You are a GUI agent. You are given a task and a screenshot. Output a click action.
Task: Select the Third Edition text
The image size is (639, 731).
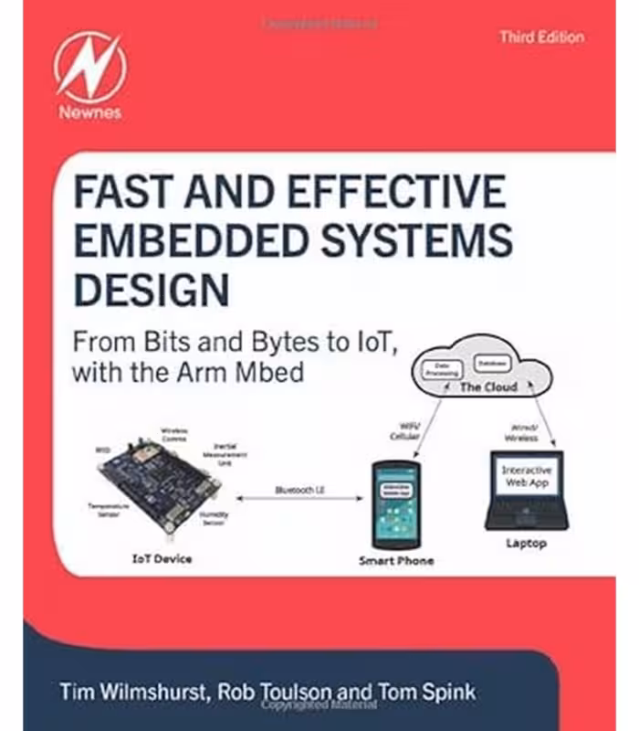pos(541,37)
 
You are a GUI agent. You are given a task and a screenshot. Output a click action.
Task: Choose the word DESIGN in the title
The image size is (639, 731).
pos(151,288)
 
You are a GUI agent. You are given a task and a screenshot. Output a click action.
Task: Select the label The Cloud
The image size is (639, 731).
pos(487,387)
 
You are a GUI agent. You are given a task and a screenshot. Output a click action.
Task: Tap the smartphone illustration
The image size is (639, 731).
pos(394,503)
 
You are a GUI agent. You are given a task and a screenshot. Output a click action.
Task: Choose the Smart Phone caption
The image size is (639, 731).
pos(394,560)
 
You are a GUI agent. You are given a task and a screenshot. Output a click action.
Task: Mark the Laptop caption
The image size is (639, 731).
pos(526,544)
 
